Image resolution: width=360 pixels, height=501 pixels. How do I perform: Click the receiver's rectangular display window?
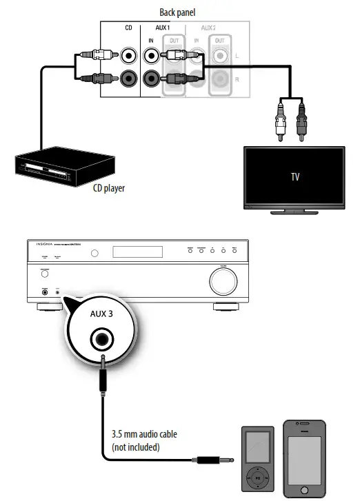[137, 252]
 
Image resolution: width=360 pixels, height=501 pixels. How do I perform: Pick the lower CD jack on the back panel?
[128, 79]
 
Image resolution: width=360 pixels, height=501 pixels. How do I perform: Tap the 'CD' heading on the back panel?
[128, 28]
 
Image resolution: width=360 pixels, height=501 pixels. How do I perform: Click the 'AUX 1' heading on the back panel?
[159, 28]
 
